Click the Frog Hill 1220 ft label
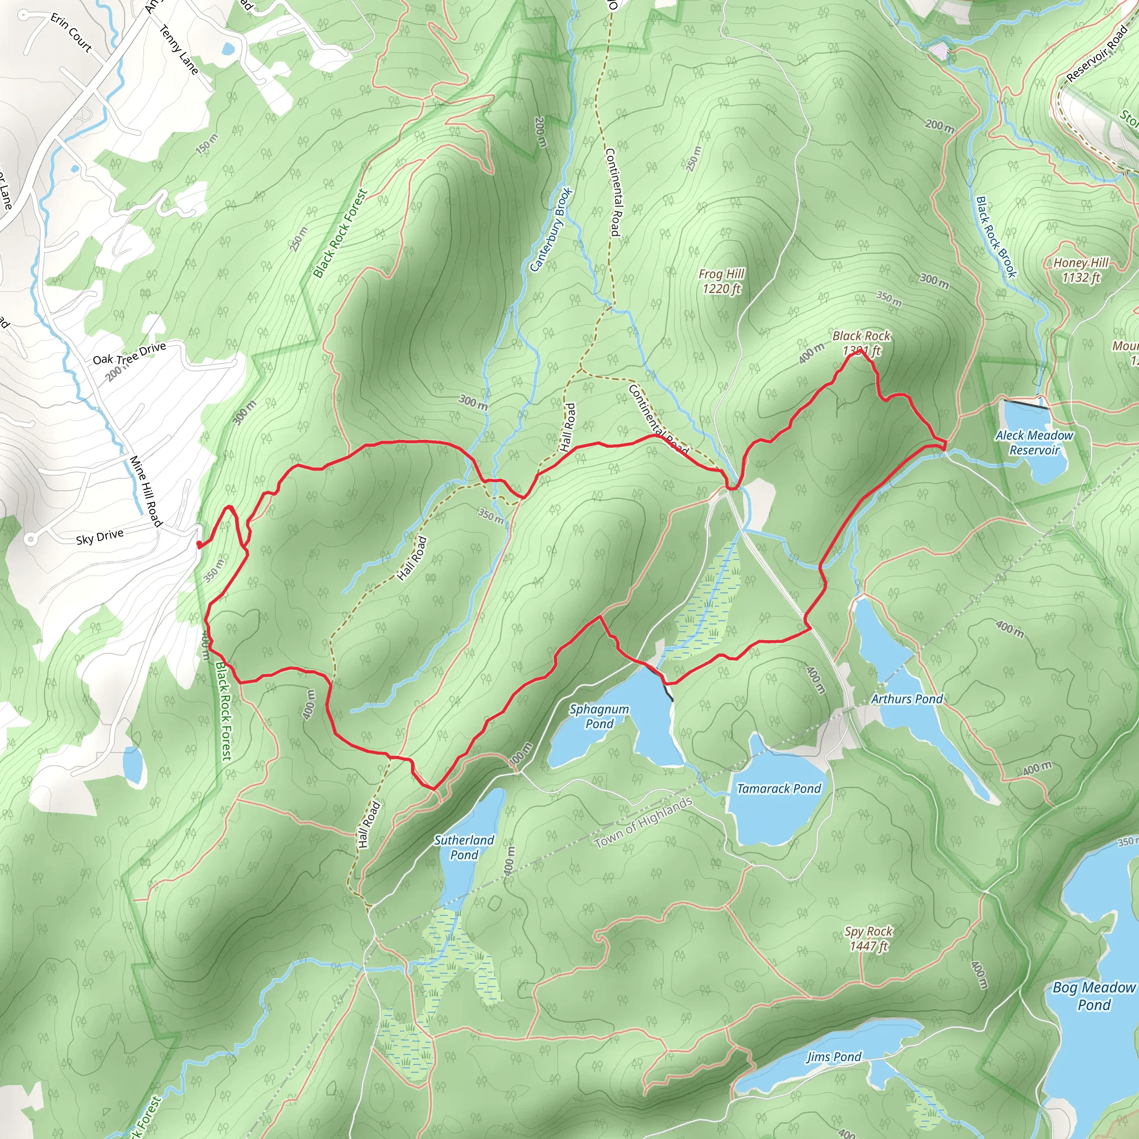tap(721, 281)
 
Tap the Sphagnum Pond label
tap(599, 716)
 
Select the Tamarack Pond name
tap(778, 789)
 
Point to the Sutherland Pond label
tap(464, 847)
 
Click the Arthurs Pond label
tap(907, 699)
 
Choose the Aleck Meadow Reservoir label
tap(1034, 443)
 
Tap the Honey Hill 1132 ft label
tap(1081, 270)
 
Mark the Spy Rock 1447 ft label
tap(868, 939)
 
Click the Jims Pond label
tap(834, 1057)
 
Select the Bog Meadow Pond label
tap(1093, 996)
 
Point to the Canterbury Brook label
tap(551, 229)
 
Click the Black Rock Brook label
tap(996, 237)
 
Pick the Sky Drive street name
tap(100, 537)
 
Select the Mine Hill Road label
tap(146, 491)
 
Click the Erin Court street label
tap(71, 33)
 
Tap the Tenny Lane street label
tap(179, 49)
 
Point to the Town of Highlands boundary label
tap(643, 823)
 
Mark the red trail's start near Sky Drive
tap(199, 546)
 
